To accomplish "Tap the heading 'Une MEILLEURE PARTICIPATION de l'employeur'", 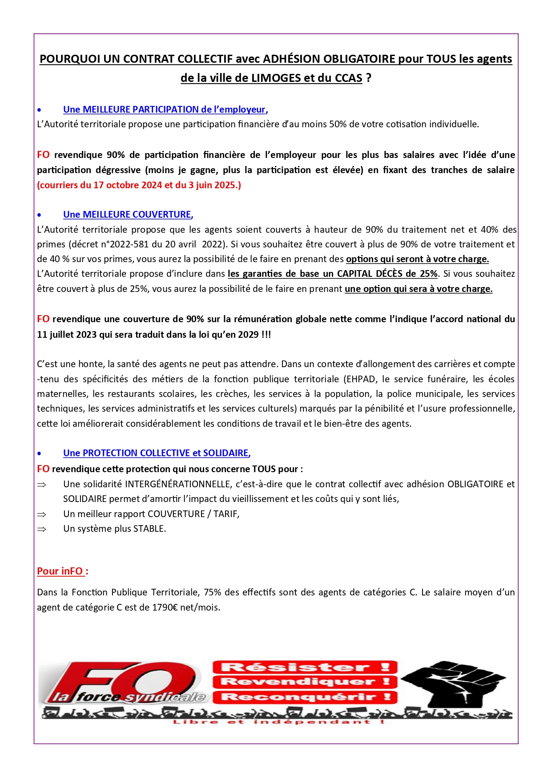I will (x=165, y=109).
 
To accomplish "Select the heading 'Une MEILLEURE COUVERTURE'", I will (x=127, y=214).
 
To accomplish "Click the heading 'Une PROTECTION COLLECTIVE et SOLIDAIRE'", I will (x=156, y=453).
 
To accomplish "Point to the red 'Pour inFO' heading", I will (x=61, y=571).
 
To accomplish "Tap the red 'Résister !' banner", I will (x=305, y=667).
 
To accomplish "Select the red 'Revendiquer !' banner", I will (x=305, y=682).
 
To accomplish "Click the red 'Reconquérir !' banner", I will (x=305, y=697).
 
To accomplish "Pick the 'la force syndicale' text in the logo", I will (x=129, y=697).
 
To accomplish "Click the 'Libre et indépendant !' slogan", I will (x=278, y=722).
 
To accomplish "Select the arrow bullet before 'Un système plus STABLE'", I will (x=41, y=529).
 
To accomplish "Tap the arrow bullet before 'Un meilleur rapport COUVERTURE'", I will (x=41, y=514).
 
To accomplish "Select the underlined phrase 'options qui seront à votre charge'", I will (x=417, y=259).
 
